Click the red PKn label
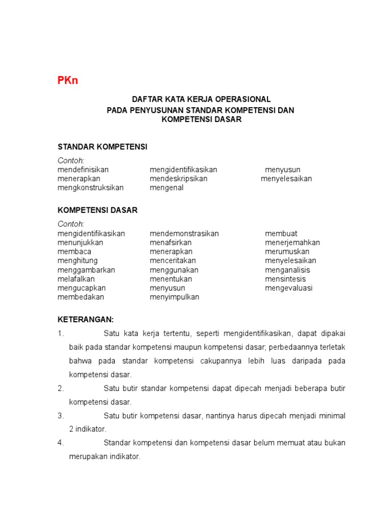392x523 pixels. pyautogui.click(x=67, y=81)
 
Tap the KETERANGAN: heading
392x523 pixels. pyautogui.click(x=85, y=319)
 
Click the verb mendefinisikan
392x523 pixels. pyautogui.click(x=83, y=170)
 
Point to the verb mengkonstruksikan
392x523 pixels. pyautogui.click(x=90, y=187)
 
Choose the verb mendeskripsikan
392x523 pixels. pyautogui.click(x=178, y=179)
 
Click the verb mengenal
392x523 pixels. pyautogui.click(x=166, y=187)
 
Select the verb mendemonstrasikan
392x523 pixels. pyautogui.click(x=184, y=233)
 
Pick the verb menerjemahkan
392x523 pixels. pyautogui.click(x=292, y=243)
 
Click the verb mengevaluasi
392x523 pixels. pyautogui.click(x=288, y=288)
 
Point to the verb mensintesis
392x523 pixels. pyautogui.click(x=285, y=279)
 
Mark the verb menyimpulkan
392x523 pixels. pyautogui.click(x=174, y=297)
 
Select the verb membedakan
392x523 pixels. pyautogui.click(x=81, y=297)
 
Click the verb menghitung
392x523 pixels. pyautogui.click(x=78, y=261)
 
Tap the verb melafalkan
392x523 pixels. pyautogui.click(x=76, y=279)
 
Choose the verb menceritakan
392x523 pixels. pyautogui.click(x=173, y=261)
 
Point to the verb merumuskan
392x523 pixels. pyautogui.click(x=287, y=252)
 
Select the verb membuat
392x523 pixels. pyautogui.click(x=281, y=233)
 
